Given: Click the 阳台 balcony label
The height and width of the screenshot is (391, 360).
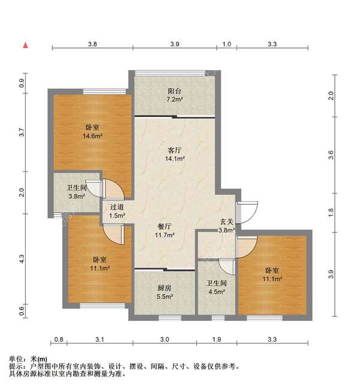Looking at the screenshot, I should coord(175,91).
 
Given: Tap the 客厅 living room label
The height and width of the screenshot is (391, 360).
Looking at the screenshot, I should coord(175,151).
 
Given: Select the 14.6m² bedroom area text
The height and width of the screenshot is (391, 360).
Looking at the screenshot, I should coord(92,136).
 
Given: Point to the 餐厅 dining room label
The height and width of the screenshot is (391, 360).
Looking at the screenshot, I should coord(165,226).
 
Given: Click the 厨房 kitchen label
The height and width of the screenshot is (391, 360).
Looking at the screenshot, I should coord(165,288).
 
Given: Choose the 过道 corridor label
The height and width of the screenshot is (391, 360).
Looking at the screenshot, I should coord(116,207).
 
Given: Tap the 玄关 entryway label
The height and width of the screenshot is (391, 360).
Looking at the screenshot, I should coord(226,222).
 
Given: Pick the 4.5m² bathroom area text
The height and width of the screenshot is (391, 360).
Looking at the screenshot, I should coord(216,292).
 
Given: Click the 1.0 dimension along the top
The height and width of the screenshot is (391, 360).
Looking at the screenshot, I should coord(227,44).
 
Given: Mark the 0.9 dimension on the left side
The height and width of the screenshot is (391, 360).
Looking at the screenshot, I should coord(22,83).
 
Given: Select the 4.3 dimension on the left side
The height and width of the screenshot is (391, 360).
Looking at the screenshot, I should coord(22,259).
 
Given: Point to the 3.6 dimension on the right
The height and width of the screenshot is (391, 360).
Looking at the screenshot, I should coord(331,155).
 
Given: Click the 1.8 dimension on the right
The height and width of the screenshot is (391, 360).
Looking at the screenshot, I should coord(331,211).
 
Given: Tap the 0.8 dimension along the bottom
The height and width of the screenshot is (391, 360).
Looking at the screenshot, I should coord(58,341).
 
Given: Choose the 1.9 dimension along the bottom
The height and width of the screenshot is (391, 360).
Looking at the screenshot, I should coord(217,341).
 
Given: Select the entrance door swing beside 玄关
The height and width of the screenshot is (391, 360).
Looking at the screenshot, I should coord(248,210).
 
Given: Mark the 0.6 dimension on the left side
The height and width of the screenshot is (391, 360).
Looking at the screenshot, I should coord(22,311).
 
